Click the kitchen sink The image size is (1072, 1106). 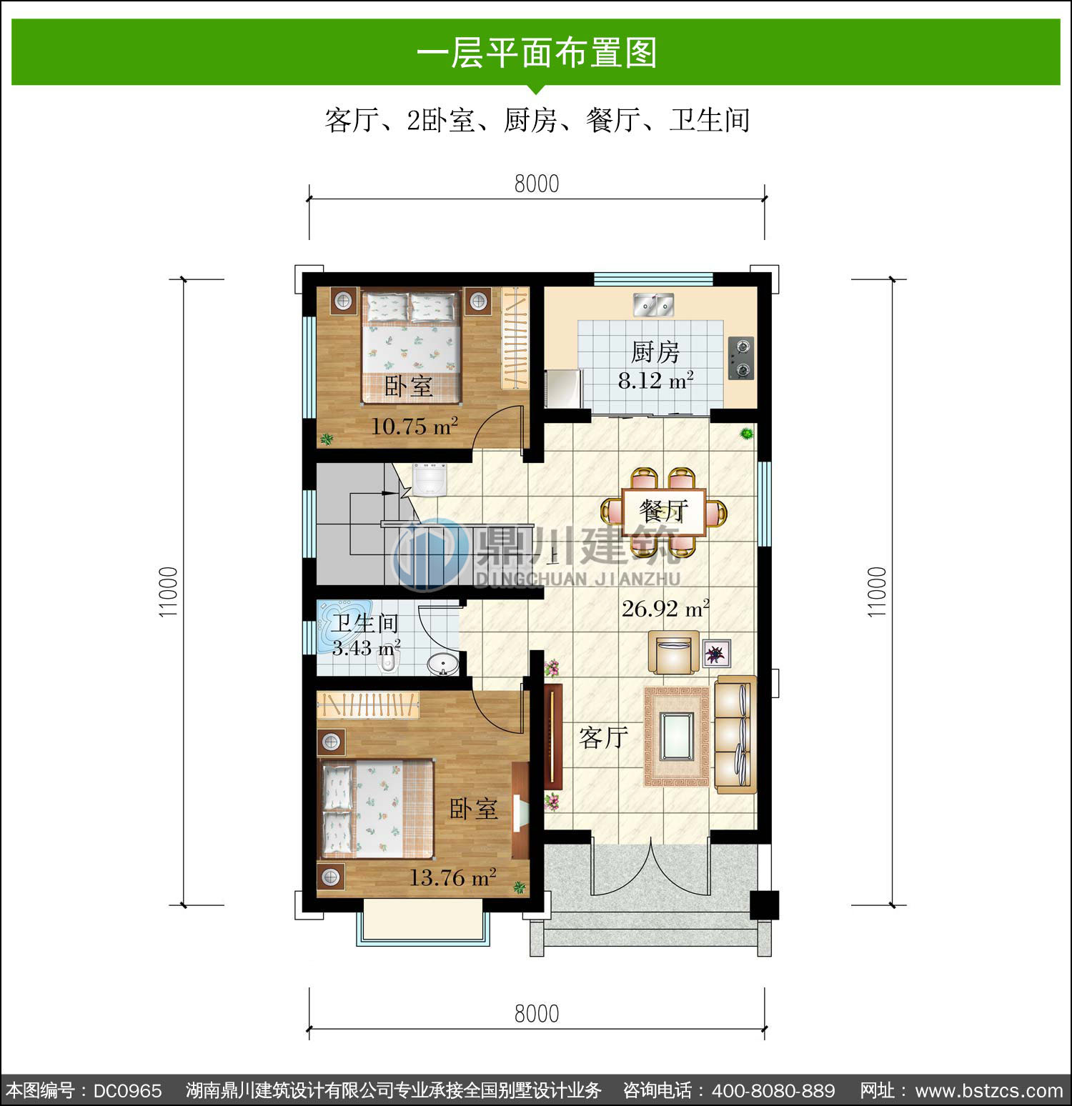coord(654,304)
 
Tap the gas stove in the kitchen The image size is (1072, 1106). coord(742,358)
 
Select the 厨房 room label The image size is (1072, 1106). coord(655,352)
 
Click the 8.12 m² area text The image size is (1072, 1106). coord(655,381)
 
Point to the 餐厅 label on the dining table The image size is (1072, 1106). coord(664,511)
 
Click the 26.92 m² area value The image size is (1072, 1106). coord(665,609)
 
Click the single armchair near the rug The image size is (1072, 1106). coord(673,652)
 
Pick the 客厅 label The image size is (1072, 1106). coord(604,737)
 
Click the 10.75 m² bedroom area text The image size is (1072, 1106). coord(415,427)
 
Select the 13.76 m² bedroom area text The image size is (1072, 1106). coord(452,877)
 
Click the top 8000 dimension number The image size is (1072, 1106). coord(537,184)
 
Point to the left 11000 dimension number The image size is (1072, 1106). coord(168,592)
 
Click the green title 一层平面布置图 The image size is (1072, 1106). coord(537,53)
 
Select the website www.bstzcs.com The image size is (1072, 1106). coord(989,1091)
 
